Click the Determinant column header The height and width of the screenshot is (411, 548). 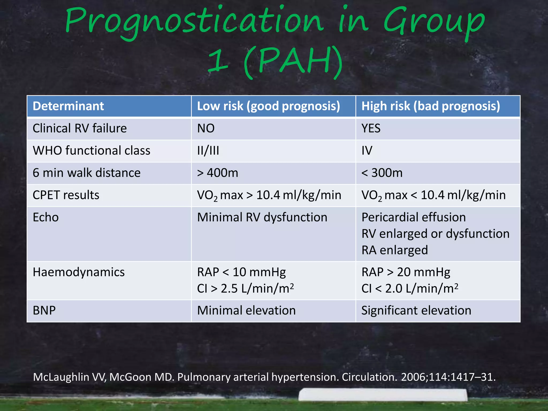coord(68,106)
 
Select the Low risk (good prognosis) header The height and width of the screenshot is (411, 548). coord(268,106)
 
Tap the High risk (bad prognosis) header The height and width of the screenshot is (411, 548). coord(431,106)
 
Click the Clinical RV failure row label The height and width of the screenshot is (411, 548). coord(79,128)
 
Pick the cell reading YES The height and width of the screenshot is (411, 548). coord(371,128)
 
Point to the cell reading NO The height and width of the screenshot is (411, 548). coord(206,128)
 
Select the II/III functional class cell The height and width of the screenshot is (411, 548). coord(208,151)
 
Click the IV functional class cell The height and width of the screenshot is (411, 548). coord(367,151)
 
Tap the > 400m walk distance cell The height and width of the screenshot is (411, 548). coord(217,173)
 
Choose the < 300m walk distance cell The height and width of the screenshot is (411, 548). coord(382,173)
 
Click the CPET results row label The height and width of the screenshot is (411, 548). coord(66,195)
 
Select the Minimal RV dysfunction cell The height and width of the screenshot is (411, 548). coord(262,217)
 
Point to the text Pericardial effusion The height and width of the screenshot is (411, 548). coord(413,217)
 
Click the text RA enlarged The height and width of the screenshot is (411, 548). coord(394,250)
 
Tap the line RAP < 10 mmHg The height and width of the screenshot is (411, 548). coord(241,272)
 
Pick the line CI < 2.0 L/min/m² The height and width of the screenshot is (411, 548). coord(410,289)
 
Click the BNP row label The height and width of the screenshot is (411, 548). coord(44,311)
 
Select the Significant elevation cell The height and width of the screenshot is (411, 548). coord(416,311)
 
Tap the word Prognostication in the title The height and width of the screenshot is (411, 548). coord(194,21)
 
